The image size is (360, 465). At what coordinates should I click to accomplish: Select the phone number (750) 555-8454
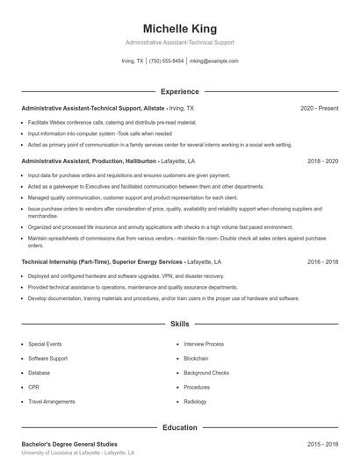[x=166, y=61]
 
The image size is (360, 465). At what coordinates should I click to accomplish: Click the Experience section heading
[x=180, y=91]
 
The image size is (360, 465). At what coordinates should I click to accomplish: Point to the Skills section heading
[x=180, y=324]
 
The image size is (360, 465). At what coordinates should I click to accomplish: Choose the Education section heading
[x=180, y=427]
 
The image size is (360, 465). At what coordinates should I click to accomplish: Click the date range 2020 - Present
[x=319, y=108]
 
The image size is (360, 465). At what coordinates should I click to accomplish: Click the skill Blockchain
[x=198, y=358]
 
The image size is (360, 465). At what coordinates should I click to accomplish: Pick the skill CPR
[x=33, y=386]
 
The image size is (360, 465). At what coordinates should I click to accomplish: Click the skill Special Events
[x=44, y=344]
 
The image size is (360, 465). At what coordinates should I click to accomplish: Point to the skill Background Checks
[x=206, y=372]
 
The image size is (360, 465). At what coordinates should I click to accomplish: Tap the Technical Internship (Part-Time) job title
[x=66, y=261]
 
